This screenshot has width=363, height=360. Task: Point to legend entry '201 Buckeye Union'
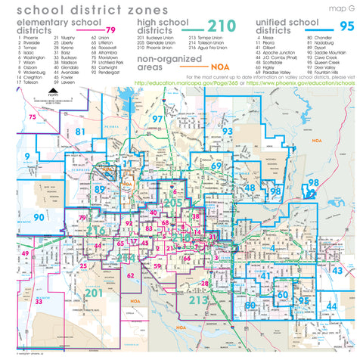[x=155, y=36]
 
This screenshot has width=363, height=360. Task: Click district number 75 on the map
[x=31, y=117]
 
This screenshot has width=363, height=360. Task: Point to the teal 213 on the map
[x=198, y=300]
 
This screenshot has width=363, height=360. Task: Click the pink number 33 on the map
[x=38, y=301]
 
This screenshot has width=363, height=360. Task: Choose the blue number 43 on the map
[x=337, y=270]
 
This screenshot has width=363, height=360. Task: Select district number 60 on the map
[x=282, y=294]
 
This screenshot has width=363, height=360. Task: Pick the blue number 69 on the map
[x=216, y=166]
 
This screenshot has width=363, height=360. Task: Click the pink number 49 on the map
[x=25, y=253]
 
